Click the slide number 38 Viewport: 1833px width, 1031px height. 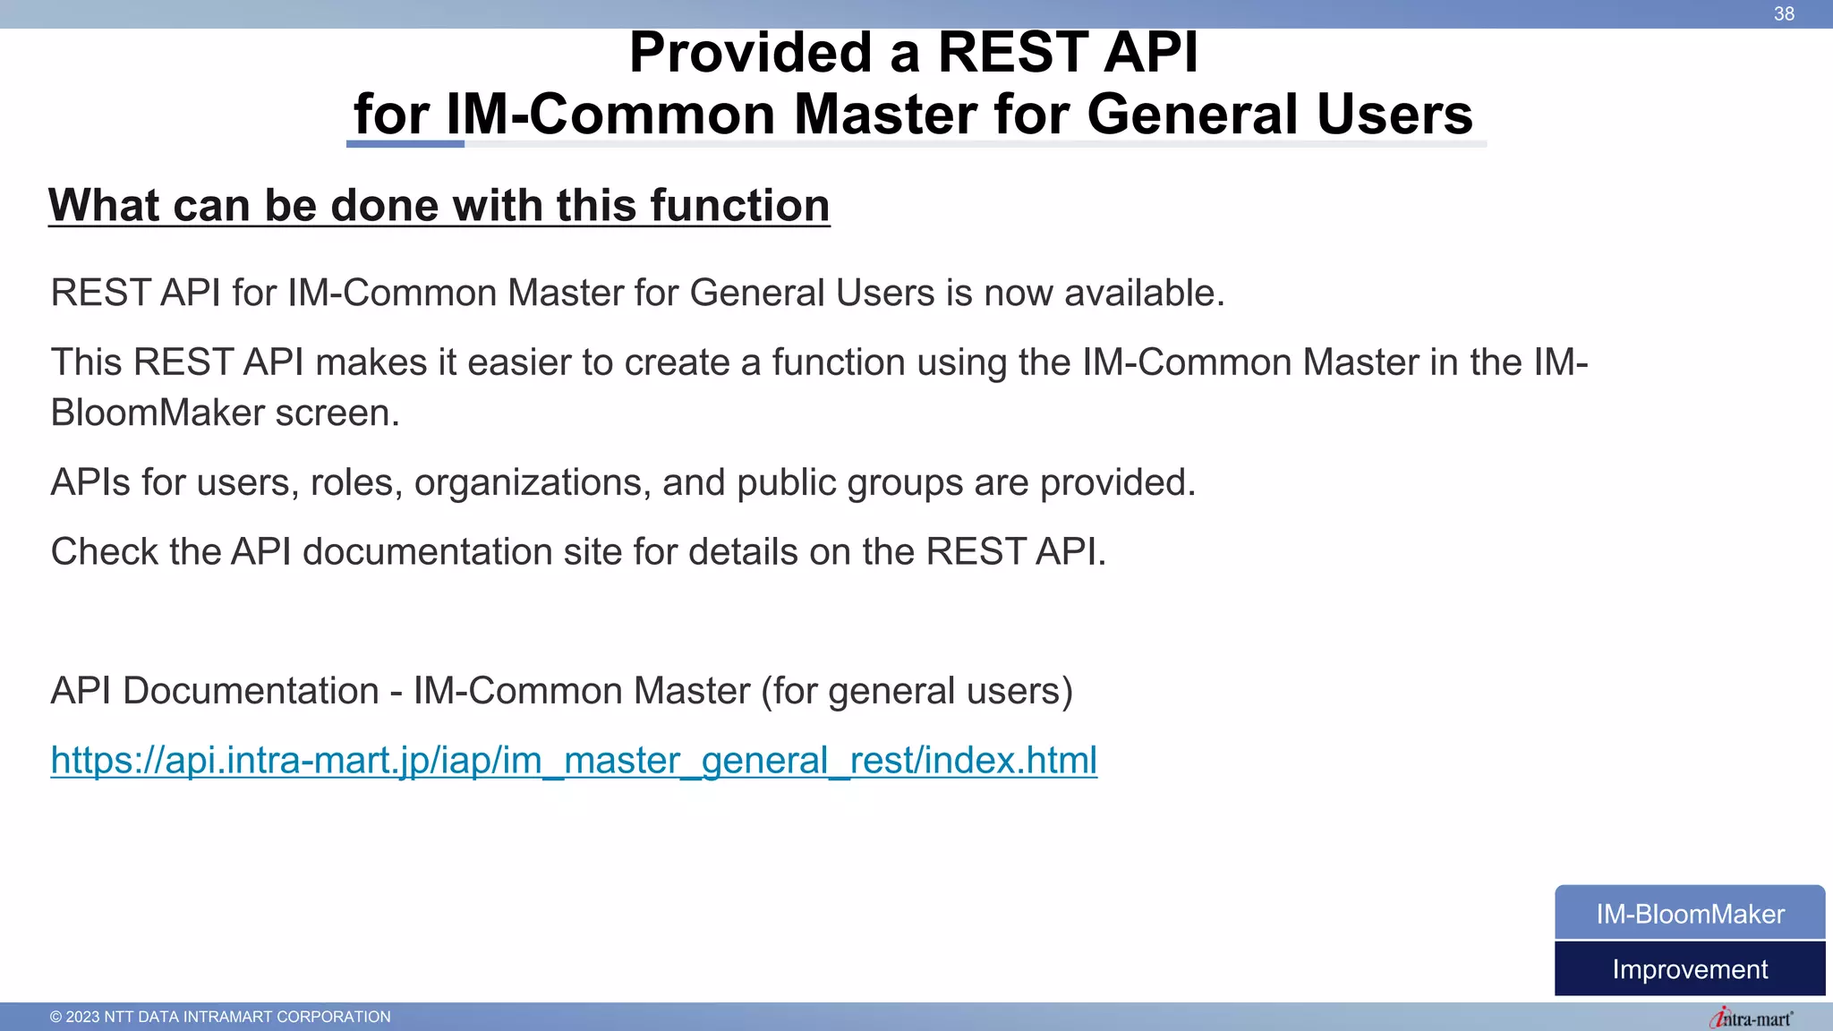(1784, 13)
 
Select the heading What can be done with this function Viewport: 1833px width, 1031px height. (439, 205)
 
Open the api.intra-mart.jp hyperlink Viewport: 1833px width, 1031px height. (573, 760)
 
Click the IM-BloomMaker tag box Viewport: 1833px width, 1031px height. (1690, 913)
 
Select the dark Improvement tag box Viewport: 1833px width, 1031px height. (1690, 969)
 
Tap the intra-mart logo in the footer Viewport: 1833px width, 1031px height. (1751, 1018)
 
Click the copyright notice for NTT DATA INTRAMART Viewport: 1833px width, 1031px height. (220, 1017)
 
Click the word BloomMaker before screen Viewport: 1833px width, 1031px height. (158, 413)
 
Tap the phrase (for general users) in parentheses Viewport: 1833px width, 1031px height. (916, 691)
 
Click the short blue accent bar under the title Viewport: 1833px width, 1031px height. (405, 143)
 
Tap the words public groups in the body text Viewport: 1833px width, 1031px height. (849, 482)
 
